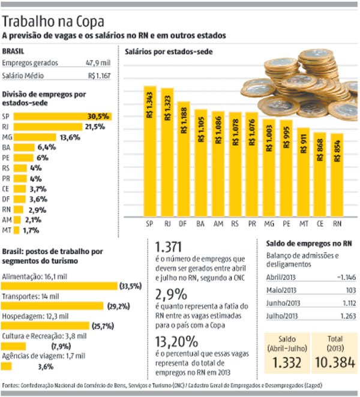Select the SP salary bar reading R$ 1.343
pos(149,150)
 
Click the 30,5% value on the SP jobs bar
pos(98,116)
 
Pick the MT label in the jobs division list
pos(8,229)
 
